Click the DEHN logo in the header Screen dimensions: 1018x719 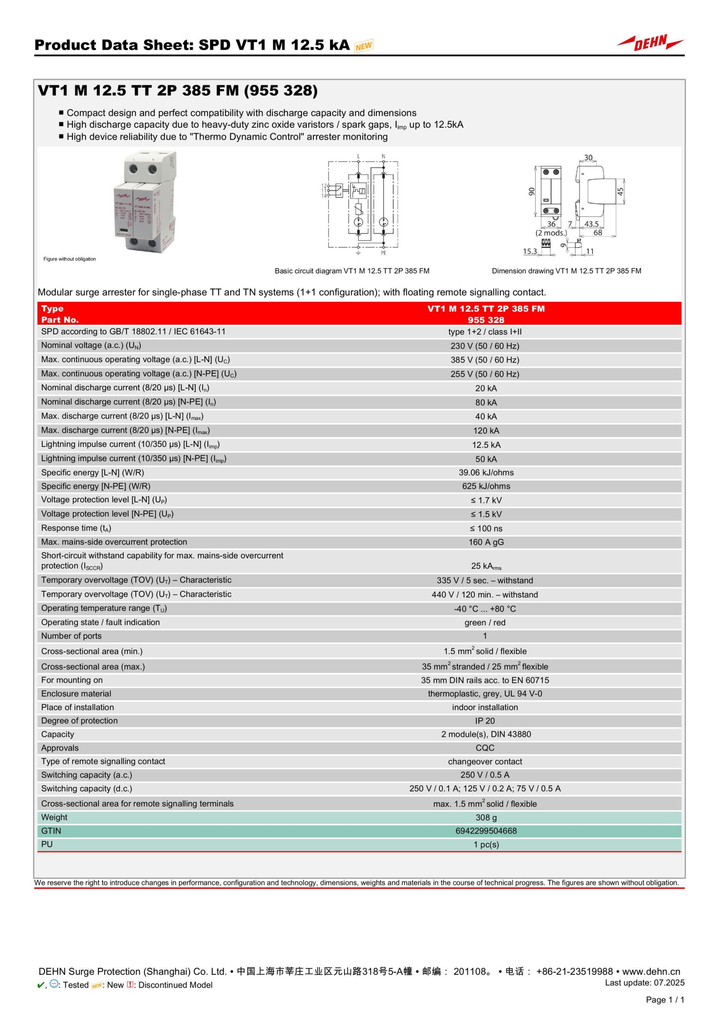(650, 43)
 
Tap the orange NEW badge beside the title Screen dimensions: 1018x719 (363, 45)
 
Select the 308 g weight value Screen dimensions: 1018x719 (486, 817)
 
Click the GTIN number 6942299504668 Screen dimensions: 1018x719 (486, 831)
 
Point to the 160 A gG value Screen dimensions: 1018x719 (486, 542)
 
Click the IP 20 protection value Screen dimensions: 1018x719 (485, 721)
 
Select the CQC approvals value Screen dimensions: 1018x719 (485, 748)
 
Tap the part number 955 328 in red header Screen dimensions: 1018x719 (486, 320)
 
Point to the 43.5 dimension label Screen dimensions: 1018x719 (591, 224)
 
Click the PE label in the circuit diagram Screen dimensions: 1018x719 (383, 253)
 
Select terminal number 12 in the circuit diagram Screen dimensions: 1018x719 (324, 186)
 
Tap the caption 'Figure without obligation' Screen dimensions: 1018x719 (70, 259)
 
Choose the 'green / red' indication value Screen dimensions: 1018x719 (485, 622)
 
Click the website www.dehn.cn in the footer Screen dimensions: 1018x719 (651, 971)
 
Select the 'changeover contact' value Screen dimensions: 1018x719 (485, 761)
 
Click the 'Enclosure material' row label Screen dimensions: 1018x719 (76, 694)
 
